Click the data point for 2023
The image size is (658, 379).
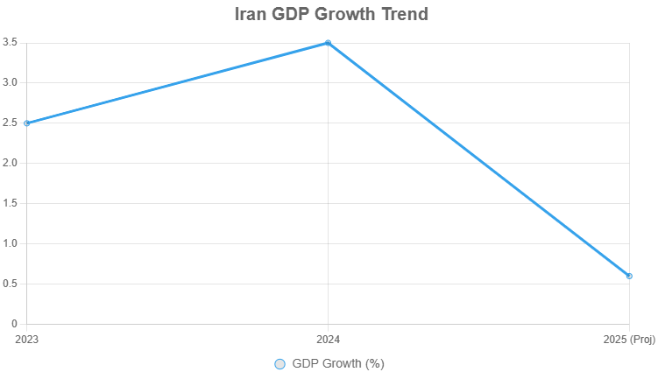[27, 123]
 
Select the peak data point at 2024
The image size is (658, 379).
[328, 43]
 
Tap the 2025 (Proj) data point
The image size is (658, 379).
[629, 276]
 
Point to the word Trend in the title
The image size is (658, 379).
[401, 15]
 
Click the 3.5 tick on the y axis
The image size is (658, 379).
[11, 42]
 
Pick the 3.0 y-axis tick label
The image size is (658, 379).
[11, 82]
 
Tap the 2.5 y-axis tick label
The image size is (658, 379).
[11, 123]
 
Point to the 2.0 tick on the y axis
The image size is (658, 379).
[11, 163]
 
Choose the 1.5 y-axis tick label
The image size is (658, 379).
[11, 203]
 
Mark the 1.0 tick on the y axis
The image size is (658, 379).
[11, 243]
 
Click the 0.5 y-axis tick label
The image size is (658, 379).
[11, 284]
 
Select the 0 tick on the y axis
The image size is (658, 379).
[15, 324]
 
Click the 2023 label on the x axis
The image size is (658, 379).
[28, 339]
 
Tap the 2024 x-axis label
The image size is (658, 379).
[328, 339]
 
